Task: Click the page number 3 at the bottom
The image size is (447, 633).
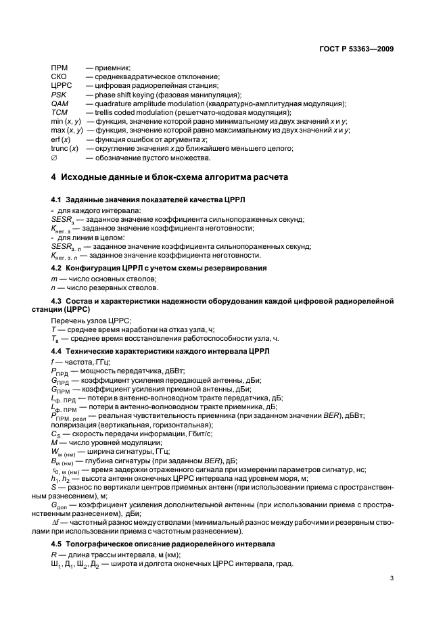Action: [392, 578]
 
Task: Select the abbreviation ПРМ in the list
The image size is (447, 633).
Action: [60, 68]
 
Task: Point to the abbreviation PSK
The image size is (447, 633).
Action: [58, 95]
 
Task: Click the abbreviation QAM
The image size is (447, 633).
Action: [59, 103]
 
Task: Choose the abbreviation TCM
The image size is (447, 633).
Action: [59, 112]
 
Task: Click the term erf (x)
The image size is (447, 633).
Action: [61, 139]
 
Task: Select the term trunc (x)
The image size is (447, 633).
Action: [65, 147]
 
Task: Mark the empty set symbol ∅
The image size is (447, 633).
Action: [54, 157]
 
